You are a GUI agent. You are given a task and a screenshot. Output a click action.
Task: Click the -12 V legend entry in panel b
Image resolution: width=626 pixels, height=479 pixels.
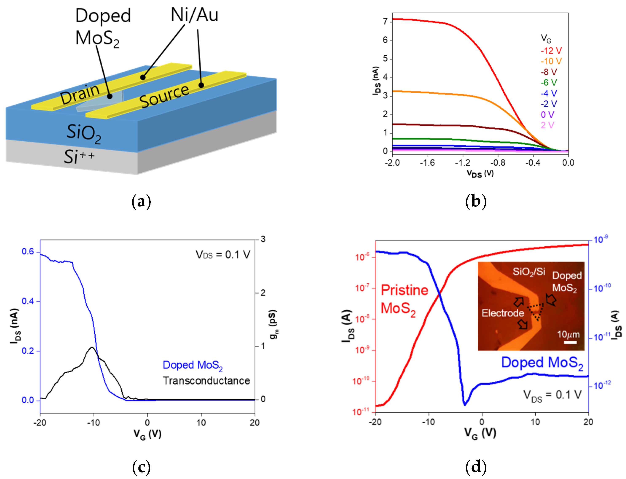pyautogui.click(x=551, y=51)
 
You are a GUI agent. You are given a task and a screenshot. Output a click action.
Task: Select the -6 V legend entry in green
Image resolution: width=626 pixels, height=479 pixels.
pyautogui.click(x=549, y=83)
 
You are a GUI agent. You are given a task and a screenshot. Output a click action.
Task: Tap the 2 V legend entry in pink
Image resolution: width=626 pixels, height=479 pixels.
pyautogui.click(x=547, y=125)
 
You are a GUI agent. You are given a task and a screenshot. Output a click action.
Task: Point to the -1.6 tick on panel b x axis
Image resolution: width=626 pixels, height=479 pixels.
pyautogui.click(x=427, y=163)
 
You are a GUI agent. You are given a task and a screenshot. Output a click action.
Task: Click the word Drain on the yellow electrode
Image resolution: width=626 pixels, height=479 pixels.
pyautogui.click(x=80, y=94)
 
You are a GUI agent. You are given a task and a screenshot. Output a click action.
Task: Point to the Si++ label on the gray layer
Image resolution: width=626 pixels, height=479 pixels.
pyautogui.click(x=79, y=157)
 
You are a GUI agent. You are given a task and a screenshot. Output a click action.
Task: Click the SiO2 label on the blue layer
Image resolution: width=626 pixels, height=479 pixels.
pyautogui.click(x=83, y=133)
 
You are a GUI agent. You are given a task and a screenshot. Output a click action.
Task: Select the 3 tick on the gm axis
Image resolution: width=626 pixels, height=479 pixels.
pyautogui.click(x=263, y=239)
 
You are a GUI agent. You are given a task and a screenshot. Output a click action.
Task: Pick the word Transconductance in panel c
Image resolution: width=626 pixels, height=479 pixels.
pyautogui.click(x=206, y=381)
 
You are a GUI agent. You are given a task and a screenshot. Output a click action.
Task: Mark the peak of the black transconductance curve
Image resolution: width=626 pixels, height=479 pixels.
pyautogui.click(x=92, y=347)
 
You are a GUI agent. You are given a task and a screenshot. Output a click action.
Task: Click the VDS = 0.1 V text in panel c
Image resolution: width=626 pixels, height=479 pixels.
pyautogui.click(x=223, y=255)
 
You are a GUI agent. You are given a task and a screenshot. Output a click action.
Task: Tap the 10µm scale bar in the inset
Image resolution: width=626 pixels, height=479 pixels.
pyautogui.click(x=570, y=342)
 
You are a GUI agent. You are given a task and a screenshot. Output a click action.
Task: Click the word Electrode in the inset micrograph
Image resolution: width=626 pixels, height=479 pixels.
pyautogui.click(x=503, y=313)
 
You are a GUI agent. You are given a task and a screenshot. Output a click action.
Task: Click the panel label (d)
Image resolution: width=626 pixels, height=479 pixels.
pyautogui.click(x=476, y=467)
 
